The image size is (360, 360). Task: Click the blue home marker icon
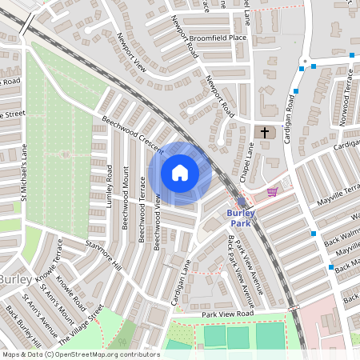pos(180,173)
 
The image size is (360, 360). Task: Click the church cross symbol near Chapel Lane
pos(264,131)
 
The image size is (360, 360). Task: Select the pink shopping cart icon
pos(272,191)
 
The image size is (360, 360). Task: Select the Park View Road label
pos(227,315)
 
